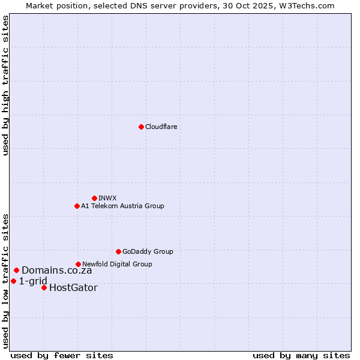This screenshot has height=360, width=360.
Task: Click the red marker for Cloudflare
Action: point(141,127)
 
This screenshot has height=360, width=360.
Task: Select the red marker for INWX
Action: point(94,198)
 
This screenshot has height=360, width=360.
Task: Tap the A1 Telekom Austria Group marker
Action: point(77,206)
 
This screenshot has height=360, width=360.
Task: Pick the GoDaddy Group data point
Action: point(118,251)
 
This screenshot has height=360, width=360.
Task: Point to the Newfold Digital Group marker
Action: point(78,264)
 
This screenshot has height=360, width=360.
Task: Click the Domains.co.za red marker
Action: point(16,270)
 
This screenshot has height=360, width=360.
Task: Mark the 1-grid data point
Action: point(13,281)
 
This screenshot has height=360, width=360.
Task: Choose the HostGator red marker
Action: point(44,287)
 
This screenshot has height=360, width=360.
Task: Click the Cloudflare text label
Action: point(161,127)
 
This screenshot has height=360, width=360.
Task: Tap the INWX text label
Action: point(107,198)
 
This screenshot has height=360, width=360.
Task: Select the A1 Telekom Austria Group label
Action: point(122,206)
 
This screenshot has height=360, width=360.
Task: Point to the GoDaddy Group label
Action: point(148,251)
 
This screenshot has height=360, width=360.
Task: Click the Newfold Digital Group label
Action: point(117,264)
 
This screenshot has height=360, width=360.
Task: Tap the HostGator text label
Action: point(73,288)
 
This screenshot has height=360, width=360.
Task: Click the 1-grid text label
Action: point(33,281)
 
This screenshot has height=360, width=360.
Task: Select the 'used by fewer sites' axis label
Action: point(62,355)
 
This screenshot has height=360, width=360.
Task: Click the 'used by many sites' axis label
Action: point(301,355)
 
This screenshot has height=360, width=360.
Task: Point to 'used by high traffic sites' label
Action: point(5,85)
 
